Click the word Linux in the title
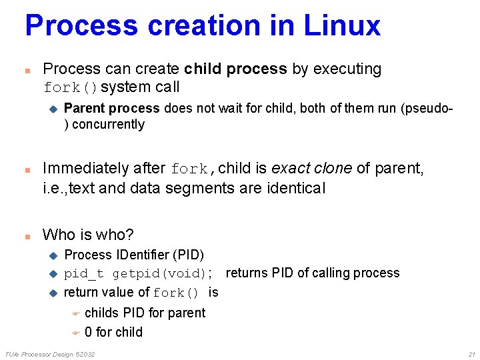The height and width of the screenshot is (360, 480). pyautogui.click(x=342, y=25)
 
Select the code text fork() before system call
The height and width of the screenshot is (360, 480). pyautogui.click(x=71, y=88)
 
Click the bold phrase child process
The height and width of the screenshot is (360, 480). pyautogui.click(x=235, y=69)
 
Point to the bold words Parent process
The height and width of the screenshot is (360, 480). pyautogui.click(x=111, y=108)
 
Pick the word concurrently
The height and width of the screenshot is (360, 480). pyautogui.click(x=108, y=125)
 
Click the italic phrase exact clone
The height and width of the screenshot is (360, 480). pyautogui.click(x=311, y=169)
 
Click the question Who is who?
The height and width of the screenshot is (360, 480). pyautogui.click(x=88, y=235)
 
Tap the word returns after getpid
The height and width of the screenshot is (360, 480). pyautogui.click(x=248, y=273)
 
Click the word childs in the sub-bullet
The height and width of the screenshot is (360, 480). pyautogui.click(x=102, y=313)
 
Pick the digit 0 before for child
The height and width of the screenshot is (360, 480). pyautogui.click(x=89, y=332)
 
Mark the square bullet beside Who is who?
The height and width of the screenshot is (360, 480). pyautogui.click(x=27, y=235)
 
